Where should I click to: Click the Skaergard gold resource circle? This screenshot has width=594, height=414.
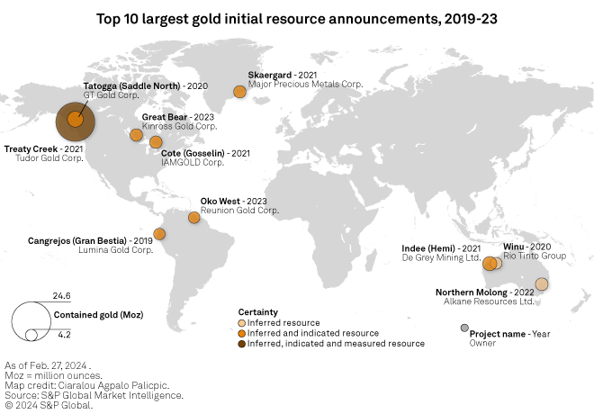coord(239,91)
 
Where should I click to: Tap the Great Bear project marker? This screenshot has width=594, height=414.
coord(136,135)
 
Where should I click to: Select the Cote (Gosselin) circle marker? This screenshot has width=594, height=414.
coord(156,141)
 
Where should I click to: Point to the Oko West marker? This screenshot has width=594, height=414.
coord(193,217)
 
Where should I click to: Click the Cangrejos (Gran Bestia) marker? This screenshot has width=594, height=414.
coord(159,234)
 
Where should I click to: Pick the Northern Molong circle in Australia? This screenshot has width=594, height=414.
coord(541,283)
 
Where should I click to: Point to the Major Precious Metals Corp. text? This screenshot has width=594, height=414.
coord(305,84)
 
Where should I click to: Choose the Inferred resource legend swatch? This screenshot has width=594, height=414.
coord(241,322)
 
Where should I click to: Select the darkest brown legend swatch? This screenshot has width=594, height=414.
coord(241,344)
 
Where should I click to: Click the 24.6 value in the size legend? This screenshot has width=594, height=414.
coord(61,296)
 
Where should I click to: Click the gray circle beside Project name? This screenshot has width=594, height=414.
coord(464,328)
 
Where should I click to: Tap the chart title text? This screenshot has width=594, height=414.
coord(296,17)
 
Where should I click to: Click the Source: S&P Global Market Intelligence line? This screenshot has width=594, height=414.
coord(94,395)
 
